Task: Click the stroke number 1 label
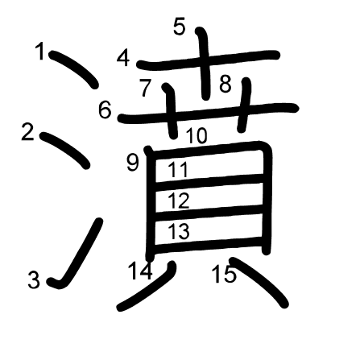tap(40, 51)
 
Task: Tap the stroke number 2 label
tap(27, 131)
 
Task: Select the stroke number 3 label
tap(34, 279)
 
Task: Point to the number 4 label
tap(123, 59)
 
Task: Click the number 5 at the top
tap(180, 27)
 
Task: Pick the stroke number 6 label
tap(105, 110)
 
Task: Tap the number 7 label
tap(146, 88)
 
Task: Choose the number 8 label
tap(225, 84)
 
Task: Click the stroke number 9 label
tap(133, 163)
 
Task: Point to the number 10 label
tap(197, 135)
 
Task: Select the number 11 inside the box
tap(178, 170)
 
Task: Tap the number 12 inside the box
tap(179, 201)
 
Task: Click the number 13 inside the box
tap(179, 231)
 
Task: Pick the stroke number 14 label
tap(141, 271)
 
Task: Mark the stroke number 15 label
tap(225, 275)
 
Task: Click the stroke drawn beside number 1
tap(73, 68)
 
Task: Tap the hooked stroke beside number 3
tap(78, 255)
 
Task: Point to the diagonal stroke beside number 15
tap(259, 281)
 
